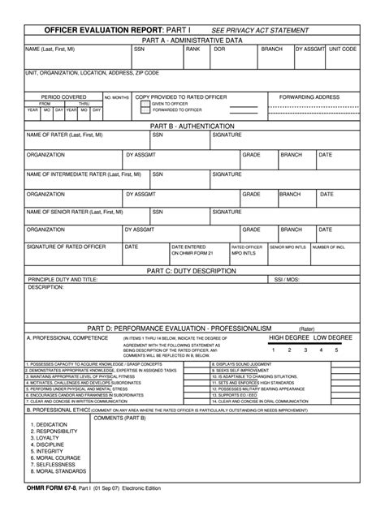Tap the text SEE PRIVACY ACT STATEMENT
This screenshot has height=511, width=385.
[260, 30]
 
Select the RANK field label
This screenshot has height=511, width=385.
[192, 49]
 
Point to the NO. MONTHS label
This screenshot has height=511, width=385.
[116, 97]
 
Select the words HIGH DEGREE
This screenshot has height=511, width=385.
[289, 337]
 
